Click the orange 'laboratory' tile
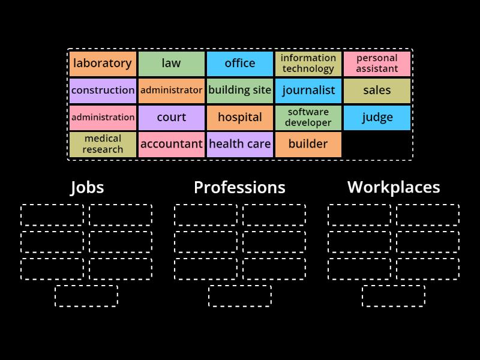(103, 64)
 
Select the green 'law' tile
(171, 64)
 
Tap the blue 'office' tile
(240, 64)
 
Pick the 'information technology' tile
(308, 64)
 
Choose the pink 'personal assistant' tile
(377, 64)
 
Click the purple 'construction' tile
(103, 91)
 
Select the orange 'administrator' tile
(171, 91)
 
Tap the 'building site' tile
(240, 91)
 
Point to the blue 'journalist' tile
(308, 91)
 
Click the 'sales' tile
(377, 91)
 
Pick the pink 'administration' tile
(103, 118)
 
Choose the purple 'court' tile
(171, 118)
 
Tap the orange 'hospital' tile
(240, 118)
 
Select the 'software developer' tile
(308, 118)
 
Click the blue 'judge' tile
(377, 118)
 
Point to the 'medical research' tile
(103, 145)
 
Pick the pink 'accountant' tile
(171, 145)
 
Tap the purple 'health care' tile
(240, 145)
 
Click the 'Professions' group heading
(239, 188)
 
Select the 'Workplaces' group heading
(394, 188)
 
